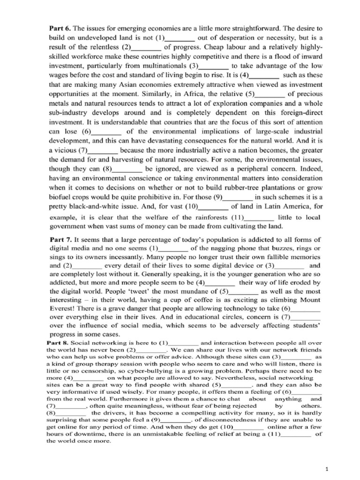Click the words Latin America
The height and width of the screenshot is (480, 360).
point(278,205)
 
